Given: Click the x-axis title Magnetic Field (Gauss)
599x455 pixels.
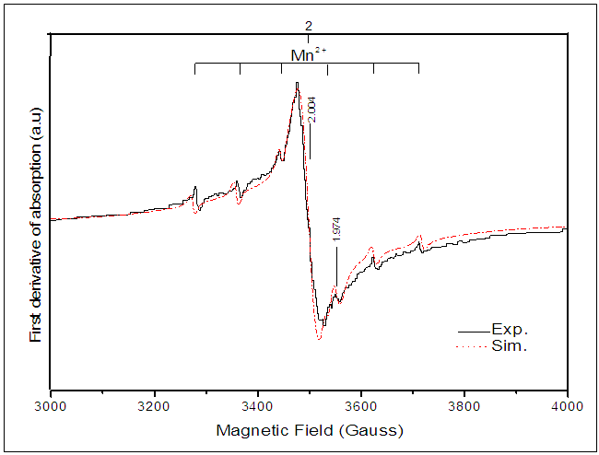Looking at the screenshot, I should pyautogui.click(x=310, y=430).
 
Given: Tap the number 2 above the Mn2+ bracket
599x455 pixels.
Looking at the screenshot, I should pyautogui.click(x=309, y=25).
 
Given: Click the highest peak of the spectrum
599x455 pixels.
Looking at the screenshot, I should pyautogui.click(x=297, y=84).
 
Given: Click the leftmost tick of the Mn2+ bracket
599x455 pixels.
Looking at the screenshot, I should pyautogui.click(x=194, y=69).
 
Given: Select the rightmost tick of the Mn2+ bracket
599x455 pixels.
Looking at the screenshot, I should pyautogui.click(x=418, y=69).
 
